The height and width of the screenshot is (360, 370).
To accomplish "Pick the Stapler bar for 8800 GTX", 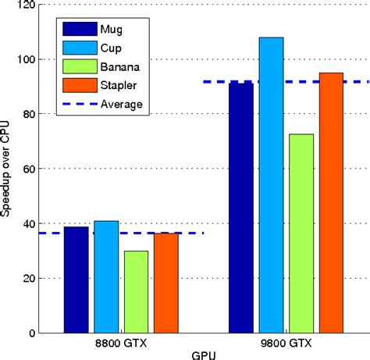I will [165, 283].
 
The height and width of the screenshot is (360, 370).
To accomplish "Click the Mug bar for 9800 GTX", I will [241, 208].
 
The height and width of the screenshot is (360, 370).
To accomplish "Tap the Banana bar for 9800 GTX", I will [301, 233].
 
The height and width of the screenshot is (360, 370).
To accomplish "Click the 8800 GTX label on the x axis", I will [121, 343].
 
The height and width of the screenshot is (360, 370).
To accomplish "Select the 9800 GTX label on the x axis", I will [286, 343].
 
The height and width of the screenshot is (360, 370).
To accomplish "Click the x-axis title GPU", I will [203, 354].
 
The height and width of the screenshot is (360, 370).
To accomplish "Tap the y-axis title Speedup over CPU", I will [7, 169].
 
